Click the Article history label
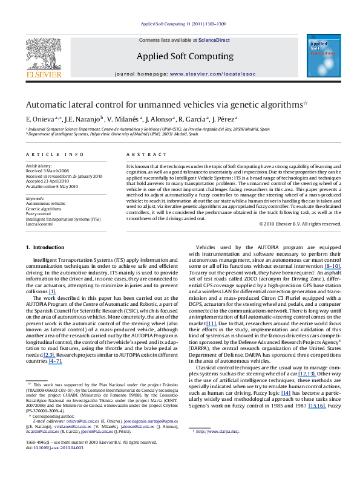pos(39,165)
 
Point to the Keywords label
pos(34,198)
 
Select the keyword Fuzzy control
pos(39,213)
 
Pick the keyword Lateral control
pos(39,224)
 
